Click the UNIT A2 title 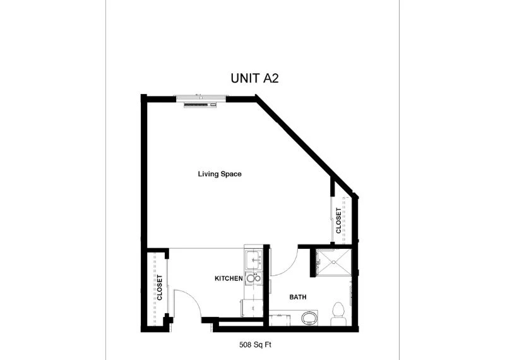[x=254, y=78]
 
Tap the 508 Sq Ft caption [x=255, y=345]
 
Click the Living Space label [x=220, y=174]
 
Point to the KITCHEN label [x=229, y=278]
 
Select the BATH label [x=298, y=297]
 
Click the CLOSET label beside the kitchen [x=160, y=287]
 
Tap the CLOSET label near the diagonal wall [x=338, y=220]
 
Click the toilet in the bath [x=338, y=313]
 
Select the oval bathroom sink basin [x=309, y=318]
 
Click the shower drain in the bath [x=334, y=262]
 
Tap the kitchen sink [x=254, y=260]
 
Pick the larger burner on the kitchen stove [x=251, y=279]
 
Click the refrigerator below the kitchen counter [x=251, y=308]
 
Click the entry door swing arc [x=191, y=298]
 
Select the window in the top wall [x=201, y=97]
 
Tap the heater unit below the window [x=200, y=105]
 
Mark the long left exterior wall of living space [x=144, y=171]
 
